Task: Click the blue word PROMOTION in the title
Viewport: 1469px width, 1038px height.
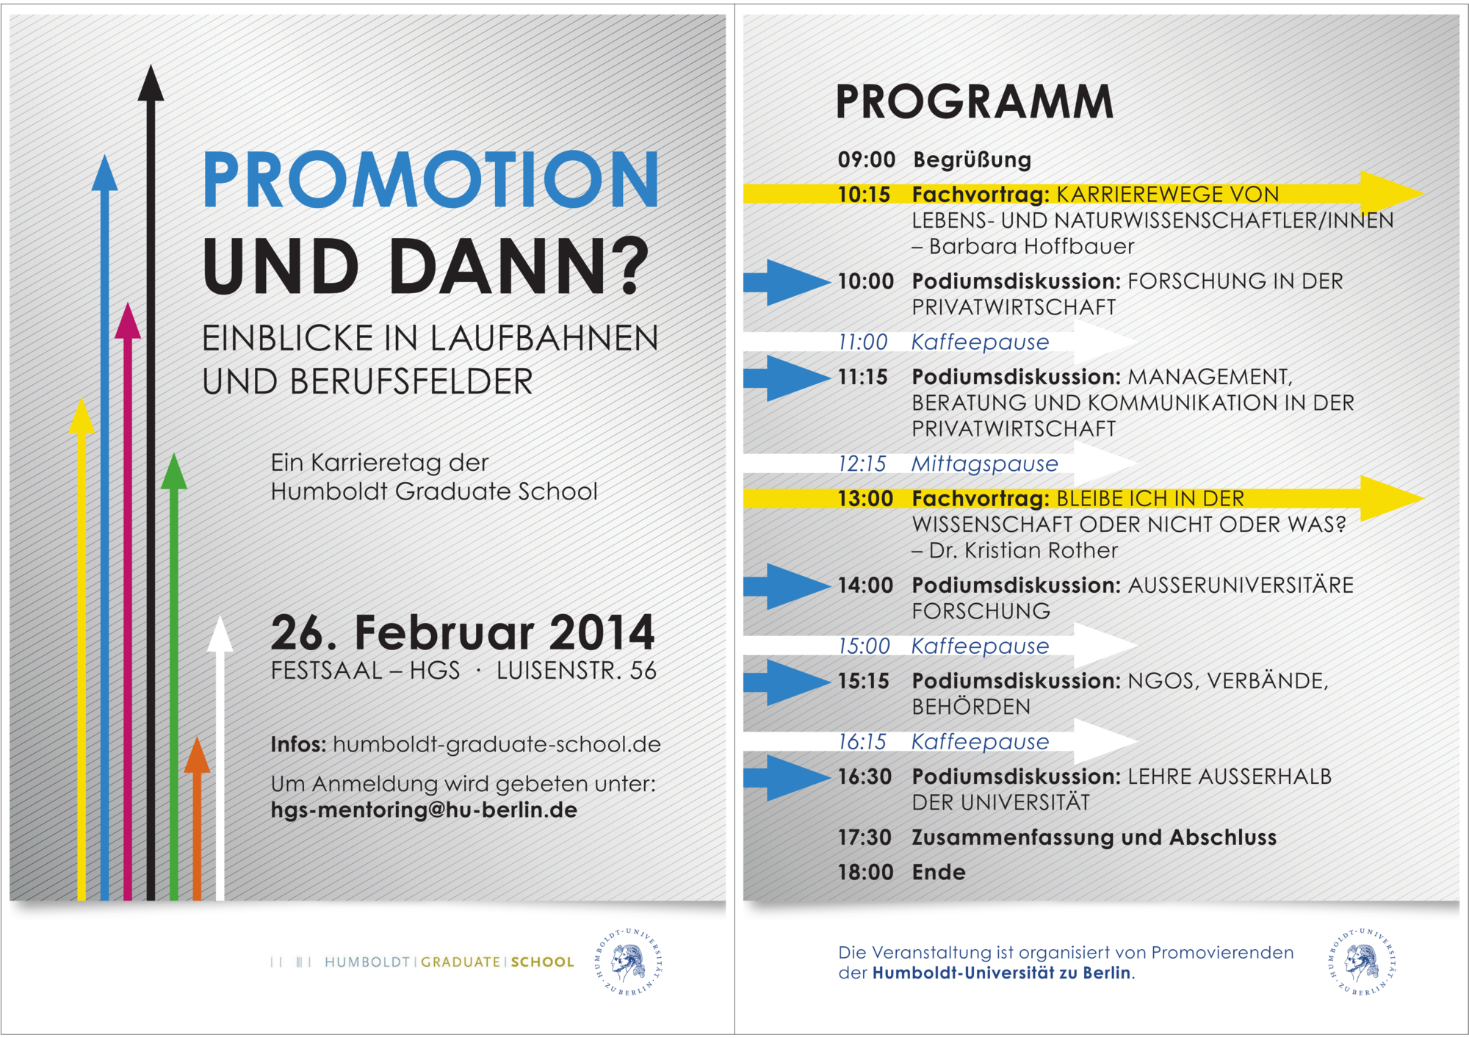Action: [430, 179]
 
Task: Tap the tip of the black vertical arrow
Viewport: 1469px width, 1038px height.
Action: [151, 65]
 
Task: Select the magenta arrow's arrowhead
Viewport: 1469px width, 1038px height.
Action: [128, 321]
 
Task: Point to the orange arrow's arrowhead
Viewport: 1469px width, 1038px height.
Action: [197, 754]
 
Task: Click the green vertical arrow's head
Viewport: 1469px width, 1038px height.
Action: [174, 471]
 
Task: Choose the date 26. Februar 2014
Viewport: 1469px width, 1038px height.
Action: [462, 632]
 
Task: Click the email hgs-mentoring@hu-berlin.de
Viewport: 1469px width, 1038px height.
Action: [424, 810]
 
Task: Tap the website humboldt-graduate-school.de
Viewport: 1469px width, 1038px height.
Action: [497, 744]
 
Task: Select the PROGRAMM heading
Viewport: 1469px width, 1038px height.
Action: [975, 101]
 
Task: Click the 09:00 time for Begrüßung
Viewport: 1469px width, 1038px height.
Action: [867, 159]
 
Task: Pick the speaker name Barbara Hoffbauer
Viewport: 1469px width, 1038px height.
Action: [1032, 246]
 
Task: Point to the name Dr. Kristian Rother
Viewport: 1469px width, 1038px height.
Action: [1023, 550]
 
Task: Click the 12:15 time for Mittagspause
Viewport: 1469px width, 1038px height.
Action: [862, 464]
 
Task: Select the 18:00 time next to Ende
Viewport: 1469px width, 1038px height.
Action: [866, 872]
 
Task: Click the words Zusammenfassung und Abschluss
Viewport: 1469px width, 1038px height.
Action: [1094, 837]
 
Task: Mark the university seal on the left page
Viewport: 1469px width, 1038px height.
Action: [629, 962]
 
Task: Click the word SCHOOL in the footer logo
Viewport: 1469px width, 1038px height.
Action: [543, 962]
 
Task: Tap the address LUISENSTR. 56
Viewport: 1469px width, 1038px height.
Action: [577, 671]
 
